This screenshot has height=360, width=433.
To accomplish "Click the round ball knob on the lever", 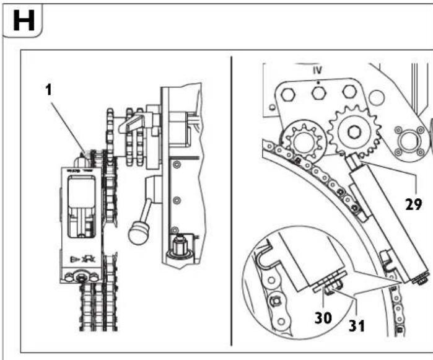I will (136, 234).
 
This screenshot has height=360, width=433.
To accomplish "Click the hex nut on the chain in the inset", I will (274, 302).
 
